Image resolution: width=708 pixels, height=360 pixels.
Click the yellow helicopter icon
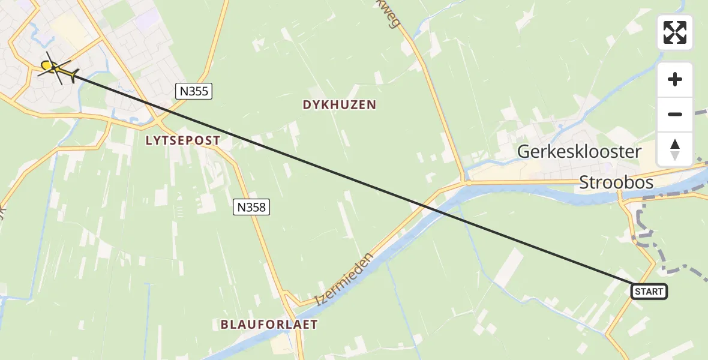tap(56, 70)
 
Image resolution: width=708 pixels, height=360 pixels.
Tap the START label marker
tap(649, 292)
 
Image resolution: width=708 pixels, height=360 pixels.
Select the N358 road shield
tap(251, 208)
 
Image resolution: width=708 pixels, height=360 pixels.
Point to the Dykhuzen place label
tap(339, 105)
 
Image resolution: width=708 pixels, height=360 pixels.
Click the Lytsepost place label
tap(183, 140)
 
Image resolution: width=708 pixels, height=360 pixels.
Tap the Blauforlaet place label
tap(269, 325)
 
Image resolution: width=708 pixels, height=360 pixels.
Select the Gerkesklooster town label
tap(579, 152)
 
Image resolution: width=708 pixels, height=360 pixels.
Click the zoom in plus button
tap(675, 80)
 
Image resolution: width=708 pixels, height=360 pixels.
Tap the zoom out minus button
tap(675, 115)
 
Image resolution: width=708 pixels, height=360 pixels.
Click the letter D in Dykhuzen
tap(307, 105)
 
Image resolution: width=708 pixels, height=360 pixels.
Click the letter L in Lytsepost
tap(149, 140)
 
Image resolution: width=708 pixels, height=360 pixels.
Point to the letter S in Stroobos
tap(584, 183)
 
